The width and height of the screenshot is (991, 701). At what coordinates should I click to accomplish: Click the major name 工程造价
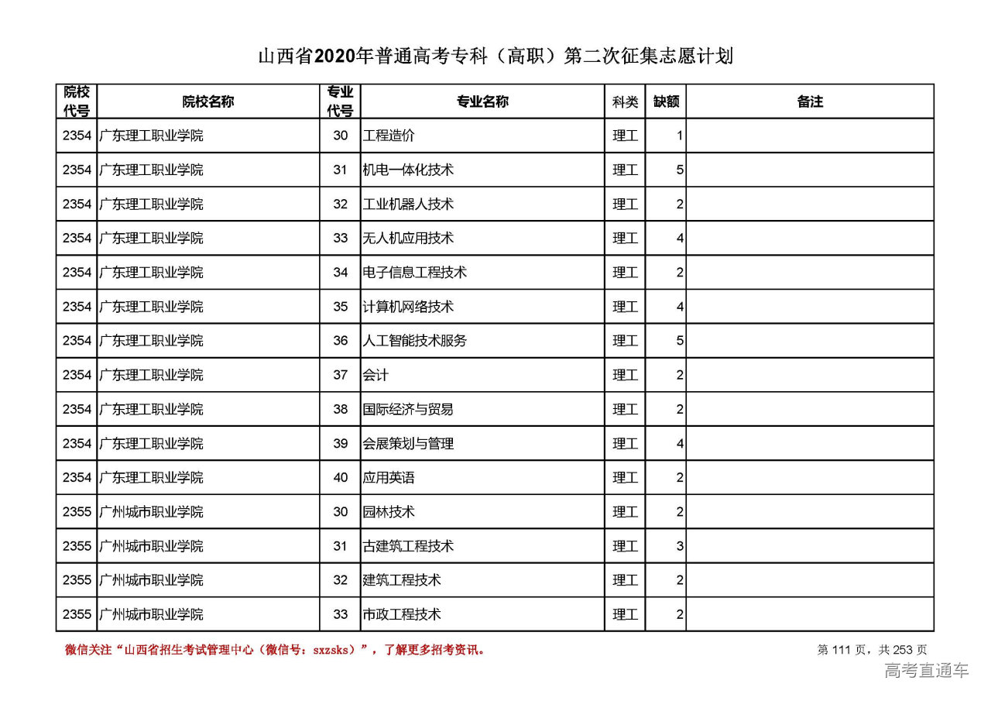(x=389, y=136)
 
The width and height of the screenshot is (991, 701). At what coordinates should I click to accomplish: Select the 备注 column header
(x=809, y=101)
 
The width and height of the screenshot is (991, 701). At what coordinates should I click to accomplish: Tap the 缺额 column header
(x=666, y=101)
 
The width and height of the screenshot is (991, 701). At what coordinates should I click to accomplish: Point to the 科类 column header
(x=625, y=101)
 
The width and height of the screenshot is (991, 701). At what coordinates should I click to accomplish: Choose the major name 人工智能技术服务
(x=414, y=341)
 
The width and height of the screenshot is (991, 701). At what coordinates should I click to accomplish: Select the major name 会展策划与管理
(x=408, y=444)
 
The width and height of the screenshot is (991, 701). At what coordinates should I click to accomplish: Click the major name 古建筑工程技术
(x=408, y=546)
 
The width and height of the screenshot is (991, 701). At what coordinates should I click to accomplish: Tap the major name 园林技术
(x=389, y=512)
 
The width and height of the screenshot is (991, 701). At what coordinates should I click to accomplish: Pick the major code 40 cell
(x=341, y=478)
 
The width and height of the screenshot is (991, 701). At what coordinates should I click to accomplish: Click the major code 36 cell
(x=341, y=341)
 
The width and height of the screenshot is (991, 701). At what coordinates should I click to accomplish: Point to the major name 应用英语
(x=389, y=478)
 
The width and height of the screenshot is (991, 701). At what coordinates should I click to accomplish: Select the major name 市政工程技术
(x=402, y=614)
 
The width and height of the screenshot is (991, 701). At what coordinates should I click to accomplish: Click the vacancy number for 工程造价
(x=679, y=136)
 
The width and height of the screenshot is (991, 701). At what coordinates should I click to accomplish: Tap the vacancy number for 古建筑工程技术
(x=679, y=546)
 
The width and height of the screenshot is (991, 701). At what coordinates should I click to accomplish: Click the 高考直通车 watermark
(x=926, y=671)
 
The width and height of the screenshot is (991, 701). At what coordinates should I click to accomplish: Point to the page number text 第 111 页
(x=845, y=650)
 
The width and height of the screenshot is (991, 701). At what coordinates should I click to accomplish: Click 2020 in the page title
(x=334, y=57)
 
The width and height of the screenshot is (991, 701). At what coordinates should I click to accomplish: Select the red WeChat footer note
(x=275, y=650)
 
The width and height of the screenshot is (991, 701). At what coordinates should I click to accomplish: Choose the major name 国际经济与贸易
(x=408, y=409)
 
